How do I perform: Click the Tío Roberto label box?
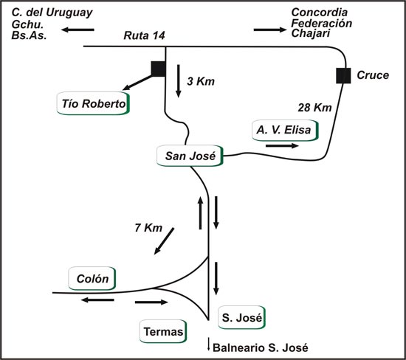(x=93, y=103)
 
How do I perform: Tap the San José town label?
(x=190, y=156)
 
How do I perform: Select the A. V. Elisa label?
(x=285, y=130)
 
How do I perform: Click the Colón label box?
(x=92, y=278)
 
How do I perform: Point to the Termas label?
(x=163, y=331)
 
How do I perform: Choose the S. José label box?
(x=242, y=317)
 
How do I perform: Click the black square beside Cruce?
(x=343, y=75)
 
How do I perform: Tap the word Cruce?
(x=373, y=75)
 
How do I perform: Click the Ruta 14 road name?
(x=144, y=35)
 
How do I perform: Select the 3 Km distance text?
(x=201, y=81)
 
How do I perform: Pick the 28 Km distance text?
(x=314, y=108)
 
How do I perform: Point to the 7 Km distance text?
(x=148, y=228)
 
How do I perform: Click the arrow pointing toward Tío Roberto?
(x=137, y=83)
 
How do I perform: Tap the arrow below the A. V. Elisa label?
(x=282, y=146)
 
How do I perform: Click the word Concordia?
(x=320, y=12)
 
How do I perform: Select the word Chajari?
(x=311, y=34)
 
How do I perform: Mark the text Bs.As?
(x=29, y=35)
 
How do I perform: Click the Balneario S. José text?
(x=261, y=348)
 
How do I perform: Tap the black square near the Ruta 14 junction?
(x=159, y=69)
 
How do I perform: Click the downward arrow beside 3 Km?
(x=178, y=81)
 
